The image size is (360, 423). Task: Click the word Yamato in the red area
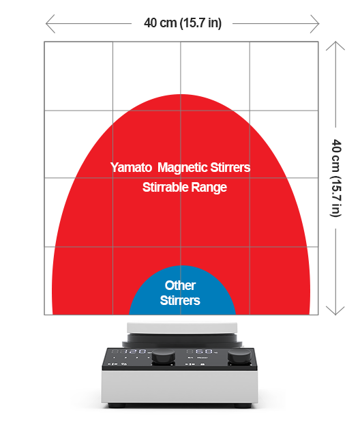(131, 167)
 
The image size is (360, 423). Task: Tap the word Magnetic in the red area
(183, 168)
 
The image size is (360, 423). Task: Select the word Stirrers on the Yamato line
(230, 167)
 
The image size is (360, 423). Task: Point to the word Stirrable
(165, 187)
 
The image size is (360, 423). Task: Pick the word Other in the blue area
(180, 285)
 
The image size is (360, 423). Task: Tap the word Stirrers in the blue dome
(180, 300)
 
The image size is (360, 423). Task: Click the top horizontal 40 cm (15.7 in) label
(183, 23)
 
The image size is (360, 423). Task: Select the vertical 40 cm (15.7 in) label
(336, 178)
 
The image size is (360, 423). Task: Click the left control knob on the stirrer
(164, 357)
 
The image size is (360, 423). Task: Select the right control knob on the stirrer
(240, 356)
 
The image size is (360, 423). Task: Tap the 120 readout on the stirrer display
(135, 351)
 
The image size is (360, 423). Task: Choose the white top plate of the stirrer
(182, 328)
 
